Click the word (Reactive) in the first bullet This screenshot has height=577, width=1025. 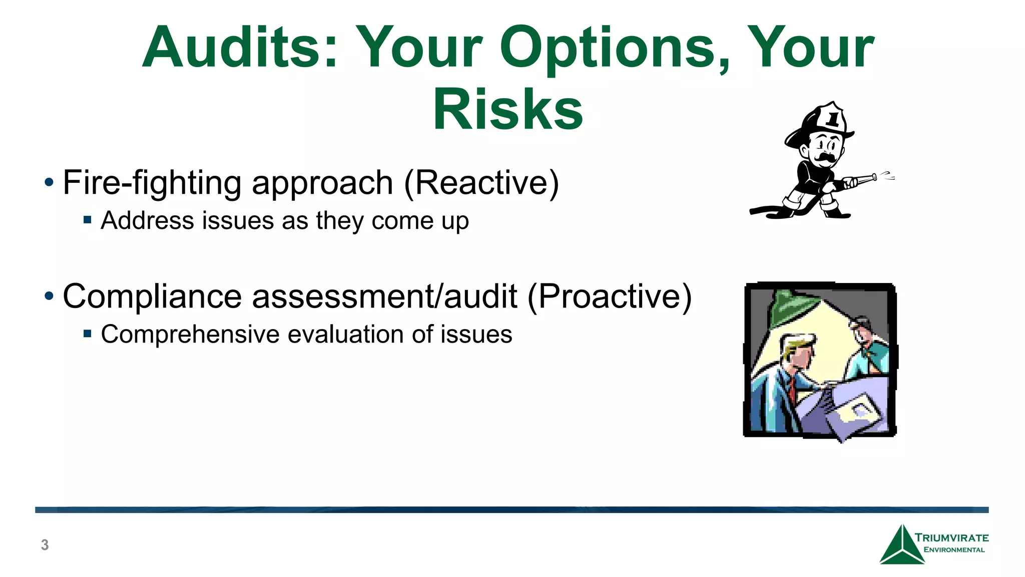click(x=481, y=183)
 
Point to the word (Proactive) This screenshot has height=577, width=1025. click(x=609, y=297)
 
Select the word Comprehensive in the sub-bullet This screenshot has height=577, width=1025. click(x=190, y=334)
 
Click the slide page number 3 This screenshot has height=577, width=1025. click(x=45, y=544)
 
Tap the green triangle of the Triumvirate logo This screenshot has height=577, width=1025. click(x=901, y=548)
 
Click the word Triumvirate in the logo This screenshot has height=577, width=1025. click(x=951, y=538)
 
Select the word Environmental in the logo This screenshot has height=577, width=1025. click(x=954, y=550)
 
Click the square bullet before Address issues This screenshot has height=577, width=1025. click(x=88, y=219)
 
